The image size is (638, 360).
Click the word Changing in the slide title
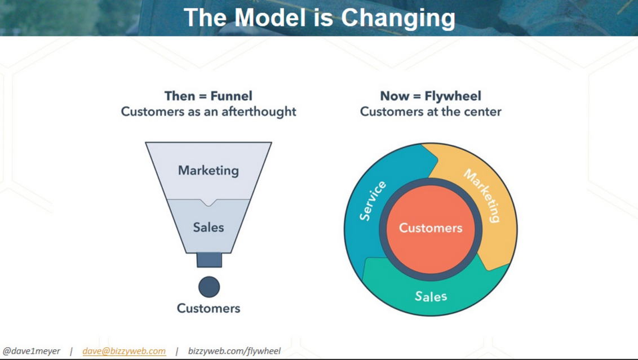[x=398, y=19]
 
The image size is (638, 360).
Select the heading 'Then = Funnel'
[x=209, y=96]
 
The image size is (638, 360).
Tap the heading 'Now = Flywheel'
[x=431, y=96]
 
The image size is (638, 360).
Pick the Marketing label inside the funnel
[x=209, y=171]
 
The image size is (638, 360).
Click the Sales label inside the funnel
[x=209, y=227]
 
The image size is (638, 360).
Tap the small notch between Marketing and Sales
[x=209, y=202]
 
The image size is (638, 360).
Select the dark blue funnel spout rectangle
[x=209, y=260]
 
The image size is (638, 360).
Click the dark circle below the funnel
[x=209, y=287]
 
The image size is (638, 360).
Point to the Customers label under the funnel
[x=209, y=308]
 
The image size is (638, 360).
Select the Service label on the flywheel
[x=373, y=201]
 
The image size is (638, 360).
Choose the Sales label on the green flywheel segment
[x=431, y=296]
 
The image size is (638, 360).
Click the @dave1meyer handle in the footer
[x=32, y=351]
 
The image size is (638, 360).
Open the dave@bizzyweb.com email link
[x=124, y=351]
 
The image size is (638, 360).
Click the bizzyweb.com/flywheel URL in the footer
[x=234, y=351]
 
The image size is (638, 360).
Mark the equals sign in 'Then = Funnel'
[x=203, y=96]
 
